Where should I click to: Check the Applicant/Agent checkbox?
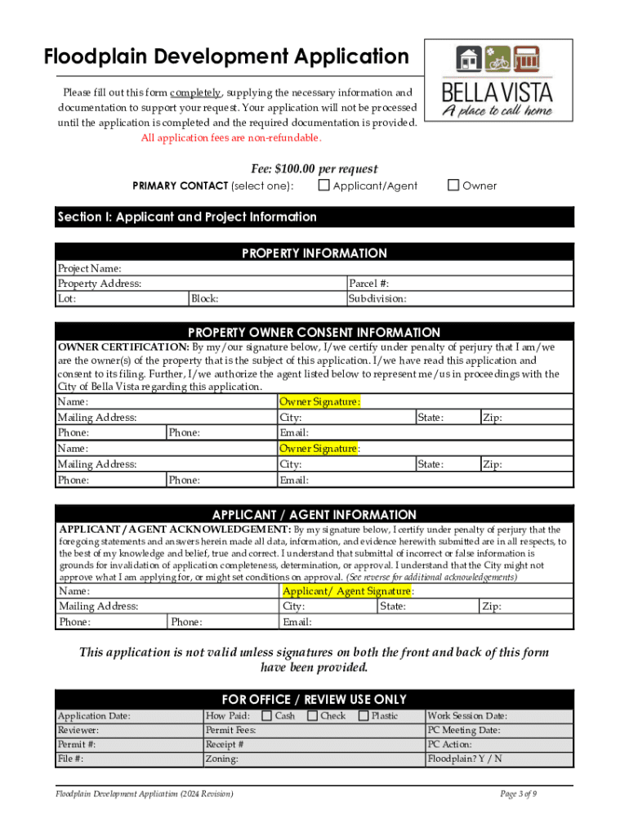pyautogui.click(x=324, y=186)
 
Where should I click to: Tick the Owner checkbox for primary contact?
pyautogui.click(x=453, y=186)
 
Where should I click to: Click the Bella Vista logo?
pyautogui.click(x=497, y=81)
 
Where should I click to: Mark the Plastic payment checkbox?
pyautogui.click(x=364, y=716)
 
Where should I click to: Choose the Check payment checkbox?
pyautogui.click(x=312, y=716)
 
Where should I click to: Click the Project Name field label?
pyautogui.click(x=89, y=269)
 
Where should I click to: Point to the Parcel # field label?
pyautogui.click(x=368, y=284)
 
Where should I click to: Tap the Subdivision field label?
pyautogui.click(x=377, y=298)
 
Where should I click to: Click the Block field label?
pyautogui.click(x=204, y=298)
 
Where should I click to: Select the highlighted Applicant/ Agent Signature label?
pyautogui.click(x=346, y=591)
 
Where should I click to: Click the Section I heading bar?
pyautogui.click(x=314, y=217)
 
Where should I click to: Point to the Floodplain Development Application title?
pyautogui.click(x=226, y=56)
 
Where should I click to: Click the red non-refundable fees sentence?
pyautogui.click(x=237, y=137)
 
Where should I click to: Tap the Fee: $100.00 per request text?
pyautogui.click(x=314, y=168)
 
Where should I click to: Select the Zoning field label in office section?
pyautogui.click(x=222, y=759)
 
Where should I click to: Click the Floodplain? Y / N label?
pyautogui.click(x=465, y=759)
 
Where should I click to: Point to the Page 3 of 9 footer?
pyautogui.click(x=518, y=794)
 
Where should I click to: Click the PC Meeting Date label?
pyautogui.click(x=464, y=730)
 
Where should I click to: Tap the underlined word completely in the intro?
pyautogui.click(x=196, y=93)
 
